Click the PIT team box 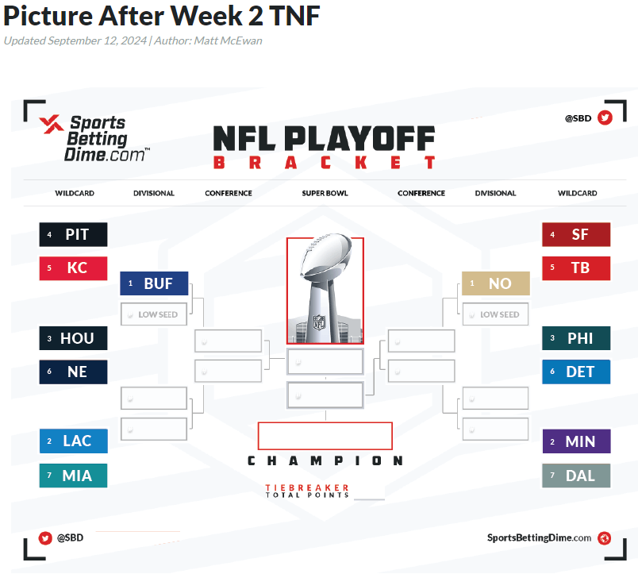73,234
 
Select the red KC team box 73,268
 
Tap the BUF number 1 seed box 154,283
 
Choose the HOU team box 73,338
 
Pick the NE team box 73,372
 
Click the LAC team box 73,441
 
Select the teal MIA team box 73,476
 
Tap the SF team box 576,234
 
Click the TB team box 576,268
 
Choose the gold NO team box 496,283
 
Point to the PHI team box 576,338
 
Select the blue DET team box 576,372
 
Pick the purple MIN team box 577,441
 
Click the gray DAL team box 576,476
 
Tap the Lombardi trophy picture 325,290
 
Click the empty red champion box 325,436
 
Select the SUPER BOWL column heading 325,194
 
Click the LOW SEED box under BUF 154,314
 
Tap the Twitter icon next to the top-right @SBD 605,118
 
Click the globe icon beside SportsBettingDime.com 604,538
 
